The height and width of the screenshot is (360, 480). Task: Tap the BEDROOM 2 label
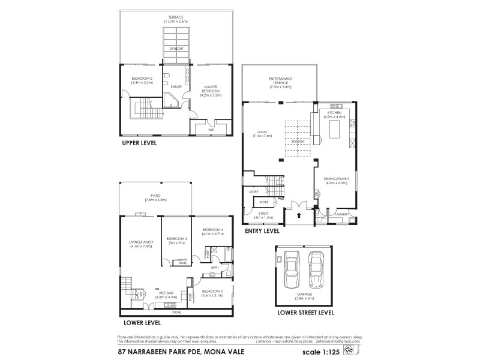tap(143, 81)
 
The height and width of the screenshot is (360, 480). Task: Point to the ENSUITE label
tap(176, 87)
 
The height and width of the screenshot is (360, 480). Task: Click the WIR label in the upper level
tap(211, 128)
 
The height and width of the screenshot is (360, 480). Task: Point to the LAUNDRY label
tap(343, 213)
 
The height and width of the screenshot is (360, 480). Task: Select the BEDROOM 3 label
tap(176, 240)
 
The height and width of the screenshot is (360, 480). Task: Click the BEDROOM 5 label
tap(213, 291)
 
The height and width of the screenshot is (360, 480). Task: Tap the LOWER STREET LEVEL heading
tap(305, 313)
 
